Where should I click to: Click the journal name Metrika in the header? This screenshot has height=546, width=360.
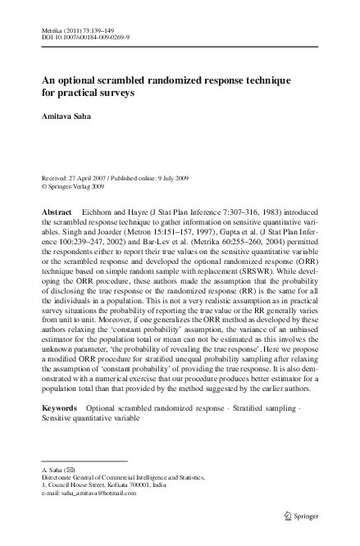(52, 29)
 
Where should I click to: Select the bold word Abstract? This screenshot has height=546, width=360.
(57, 212)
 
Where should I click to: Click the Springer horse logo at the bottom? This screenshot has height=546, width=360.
(287, 515)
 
